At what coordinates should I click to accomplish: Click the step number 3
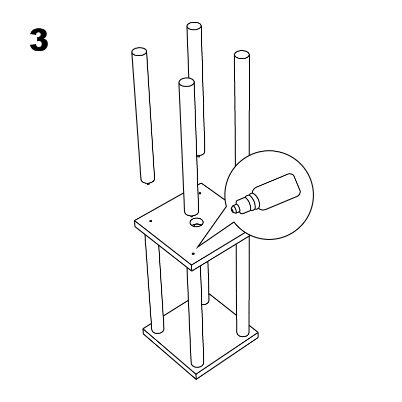[39, 41]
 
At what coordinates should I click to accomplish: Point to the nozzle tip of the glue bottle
[234, 208]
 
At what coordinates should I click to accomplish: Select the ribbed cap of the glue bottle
[246, 204]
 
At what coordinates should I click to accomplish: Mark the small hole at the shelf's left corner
[151, 221]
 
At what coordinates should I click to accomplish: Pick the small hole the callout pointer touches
[193, 252]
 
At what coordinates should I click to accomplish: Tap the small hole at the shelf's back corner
[200, 192]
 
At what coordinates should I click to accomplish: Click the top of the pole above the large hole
[187, 82]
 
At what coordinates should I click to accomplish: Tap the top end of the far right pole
[242, 54]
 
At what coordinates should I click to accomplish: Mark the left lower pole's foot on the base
[156, 330]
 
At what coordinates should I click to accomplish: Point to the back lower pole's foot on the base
[205, 302]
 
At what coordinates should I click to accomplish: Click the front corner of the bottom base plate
[195, 377]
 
